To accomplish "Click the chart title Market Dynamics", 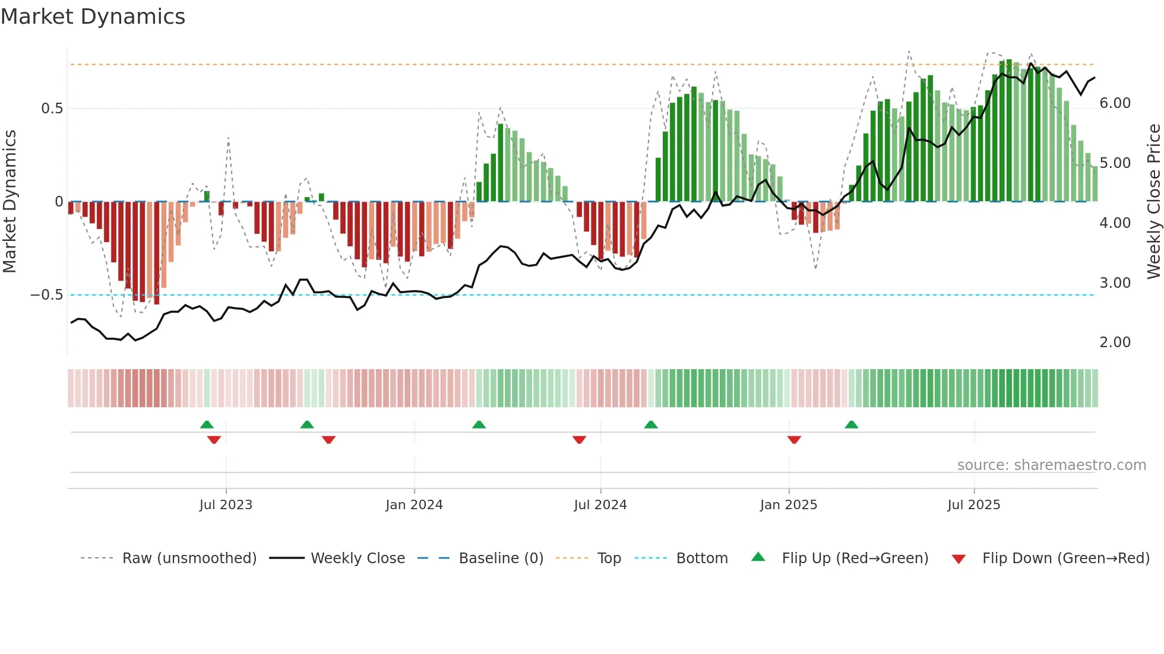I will [93, 17].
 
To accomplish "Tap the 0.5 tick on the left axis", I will [52, 109].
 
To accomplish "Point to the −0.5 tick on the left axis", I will [46, 295].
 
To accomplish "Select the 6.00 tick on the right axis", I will [1115, 103].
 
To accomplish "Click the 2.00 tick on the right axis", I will [1115, 342].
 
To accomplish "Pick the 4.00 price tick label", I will [1115, 223].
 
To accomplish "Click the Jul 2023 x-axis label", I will [226, 505].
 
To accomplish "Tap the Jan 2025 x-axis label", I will [788, 505].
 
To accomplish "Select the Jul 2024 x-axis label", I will [600, 505].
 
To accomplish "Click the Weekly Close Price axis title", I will [1153, 202].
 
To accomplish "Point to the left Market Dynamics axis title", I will [10, 202].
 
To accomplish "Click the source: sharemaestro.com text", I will [1051, 465].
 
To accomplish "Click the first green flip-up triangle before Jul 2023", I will [207, 425].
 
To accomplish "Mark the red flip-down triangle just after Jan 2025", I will [794, 440].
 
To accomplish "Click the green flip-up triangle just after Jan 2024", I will [479, 425].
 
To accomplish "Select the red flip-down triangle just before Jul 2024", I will [579, 440].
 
